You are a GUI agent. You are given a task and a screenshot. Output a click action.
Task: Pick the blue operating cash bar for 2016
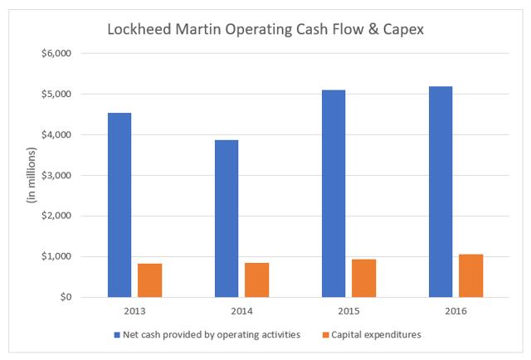click(x=441, y=192)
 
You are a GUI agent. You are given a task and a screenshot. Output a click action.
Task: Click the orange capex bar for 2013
click(x=149, y=280)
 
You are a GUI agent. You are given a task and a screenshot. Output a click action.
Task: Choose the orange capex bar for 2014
click(x=256, y=280)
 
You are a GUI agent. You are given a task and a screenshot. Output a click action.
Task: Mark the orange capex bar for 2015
click(x=363, y=278)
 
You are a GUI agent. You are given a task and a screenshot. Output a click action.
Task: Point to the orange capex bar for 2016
click(x=471, y=275)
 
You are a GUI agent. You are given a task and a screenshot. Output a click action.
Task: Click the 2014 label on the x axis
click(x=241, y=311)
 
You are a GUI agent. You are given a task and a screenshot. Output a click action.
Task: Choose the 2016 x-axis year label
click(x=455, y=311)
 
